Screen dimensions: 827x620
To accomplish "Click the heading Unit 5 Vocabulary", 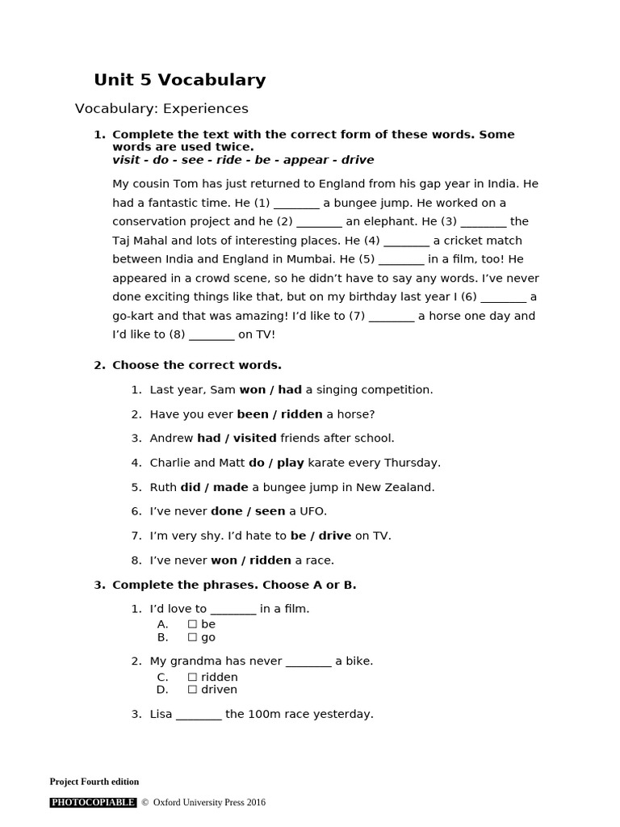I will (x=179, y=80).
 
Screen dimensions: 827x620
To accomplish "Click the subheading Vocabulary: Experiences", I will (x=161, y=108).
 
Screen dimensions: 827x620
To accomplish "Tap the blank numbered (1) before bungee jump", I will (x=296, y=203).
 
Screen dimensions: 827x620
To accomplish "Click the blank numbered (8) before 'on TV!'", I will (x=212, y=334).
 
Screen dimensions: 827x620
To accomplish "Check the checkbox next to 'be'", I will (x=192, y=624).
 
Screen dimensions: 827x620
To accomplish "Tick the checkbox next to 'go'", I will (x=192, y=637).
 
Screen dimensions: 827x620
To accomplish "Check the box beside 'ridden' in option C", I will (x=192, y=678).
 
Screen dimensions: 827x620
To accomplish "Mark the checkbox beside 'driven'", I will (x=192, y=690).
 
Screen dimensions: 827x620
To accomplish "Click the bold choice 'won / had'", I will (x=270, y=390).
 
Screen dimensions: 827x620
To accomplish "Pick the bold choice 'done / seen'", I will (x=248, y=511).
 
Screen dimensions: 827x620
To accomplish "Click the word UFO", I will (x=313, y=511).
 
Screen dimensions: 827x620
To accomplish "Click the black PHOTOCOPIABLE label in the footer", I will (x=93, y=803).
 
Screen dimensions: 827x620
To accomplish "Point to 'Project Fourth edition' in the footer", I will (x=94, y=782).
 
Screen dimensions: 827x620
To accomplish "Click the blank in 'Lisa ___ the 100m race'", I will (x=199, y=715).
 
